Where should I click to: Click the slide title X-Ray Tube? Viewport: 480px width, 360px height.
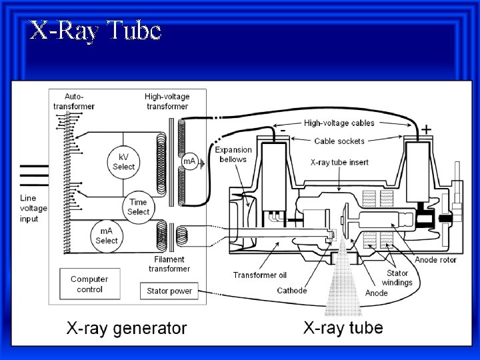pos(95,31)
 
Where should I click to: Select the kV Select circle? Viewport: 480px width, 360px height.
pos(123,160)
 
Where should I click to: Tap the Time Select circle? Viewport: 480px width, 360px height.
pos(138,206)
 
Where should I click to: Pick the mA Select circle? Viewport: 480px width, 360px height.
pos(107,235)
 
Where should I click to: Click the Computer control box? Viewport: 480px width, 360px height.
pos(89,284)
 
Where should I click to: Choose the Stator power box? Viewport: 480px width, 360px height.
pos(169,291)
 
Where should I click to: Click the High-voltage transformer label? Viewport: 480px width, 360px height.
pos(167,101)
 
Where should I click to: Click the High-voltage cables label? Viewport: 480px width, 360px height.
pos(339,123)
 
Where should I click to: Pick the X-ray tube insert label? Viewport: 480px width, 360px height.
pos(340,162)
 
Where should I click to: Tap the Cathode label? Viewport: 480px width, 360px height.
pos(292,291)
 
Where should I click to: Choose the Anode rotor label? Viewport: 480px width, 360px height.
pos(436,259)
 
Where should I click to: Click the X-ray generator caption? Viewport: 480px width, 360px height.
pos(126,328)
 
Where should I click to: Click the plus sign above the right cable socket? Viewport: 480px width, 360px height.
pos(425,129)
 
